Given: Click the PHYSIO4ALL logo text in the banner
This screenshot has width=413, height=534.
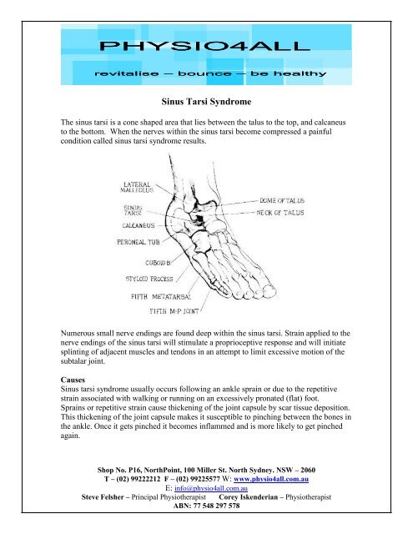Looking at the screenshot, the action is pos(204,46).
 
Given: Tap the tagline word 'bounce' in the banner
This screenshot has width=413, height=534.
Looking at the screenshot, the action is pos(204,73).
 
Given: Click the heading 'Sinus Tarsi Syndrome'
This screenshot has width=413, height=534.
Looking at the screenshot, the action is pos(206,102).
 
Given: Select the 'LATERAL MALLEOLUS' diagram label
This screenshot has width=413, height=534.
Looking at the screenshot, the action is pos(137,187).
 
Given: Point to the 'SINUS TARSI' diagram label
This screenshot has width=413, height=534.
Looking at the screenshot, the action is pos(133,209).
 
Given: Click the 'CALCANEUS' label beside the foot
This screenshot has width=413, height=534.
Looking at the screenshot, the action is pos(139,225).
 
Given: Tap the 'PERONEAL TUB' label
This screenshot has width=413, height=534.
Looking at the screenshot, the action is pos(139,242).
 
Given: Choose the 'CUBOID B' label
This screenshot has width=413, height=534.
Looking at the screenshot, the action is pos(158,263).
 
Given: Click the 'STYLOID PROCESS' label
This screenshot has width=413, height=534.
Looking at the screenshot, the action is pos(149,279).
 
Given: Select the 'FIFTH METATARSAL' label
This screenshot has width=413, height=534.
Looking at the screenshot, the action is pos(161,297).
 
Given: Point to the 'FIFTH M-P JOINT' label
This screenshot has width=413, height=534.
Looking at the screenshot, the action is pos(174,311).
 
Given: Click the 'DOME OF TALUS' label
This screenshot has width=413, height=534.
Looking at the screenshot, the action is pos(282,200).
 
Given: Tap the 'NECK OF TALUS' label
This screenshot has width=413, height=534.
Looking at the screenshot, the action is pos(280,213).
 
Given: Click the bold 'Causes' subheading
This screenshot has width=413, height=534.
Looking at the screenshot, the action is pos(73,380).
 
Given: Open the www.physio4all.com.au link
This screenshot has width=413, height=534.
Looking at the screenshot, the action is pos(271,479).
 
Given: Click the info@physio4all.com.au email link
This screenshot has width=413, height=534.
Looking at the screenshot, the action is pos(211,488).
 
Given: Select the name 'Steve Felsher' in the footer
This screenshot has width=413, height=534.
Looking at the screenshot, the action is pos(103,497).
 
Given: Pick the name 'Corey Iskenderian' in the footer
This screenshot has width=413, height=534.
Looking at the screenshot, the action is pos(248,497).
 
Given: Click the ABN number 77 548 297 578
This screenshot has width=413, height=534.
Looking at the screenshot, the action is pos(217,506).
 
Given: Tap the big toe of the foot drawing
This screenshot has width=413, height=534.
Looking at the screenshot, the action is pos(269,290).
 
